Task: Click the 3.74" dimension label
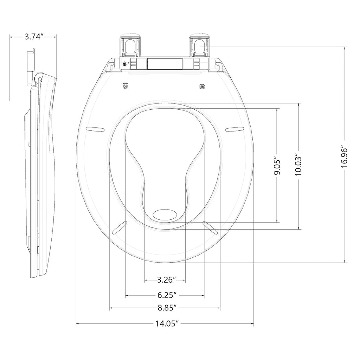(33, 37)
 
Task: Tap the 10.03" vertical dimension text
(298, 165)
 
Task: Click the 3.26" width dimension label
(165, 280)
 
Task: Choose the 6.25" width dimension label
(165, 295)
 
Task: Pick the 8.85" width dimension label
(165, 308)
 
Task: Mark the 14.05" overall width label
(165, 324)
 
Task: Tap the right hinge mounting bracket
(200, 46)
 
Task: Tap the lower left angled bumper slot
(119, 227)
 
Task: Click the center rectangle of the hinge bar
(165, 64)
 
